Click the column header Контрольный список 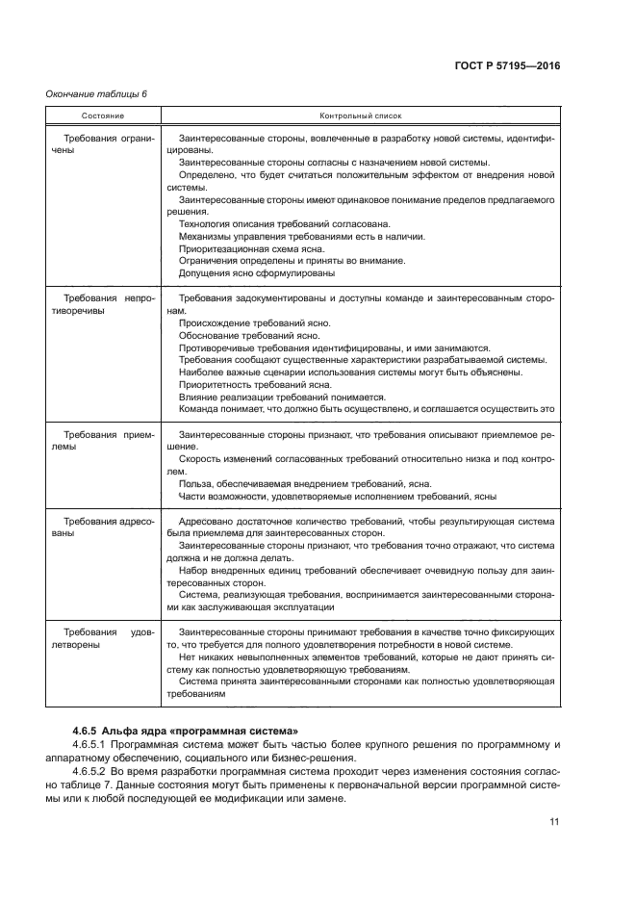(360, 115)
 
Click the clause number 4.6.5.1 (93, 746)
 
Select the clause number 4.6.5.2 (93, 773)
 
